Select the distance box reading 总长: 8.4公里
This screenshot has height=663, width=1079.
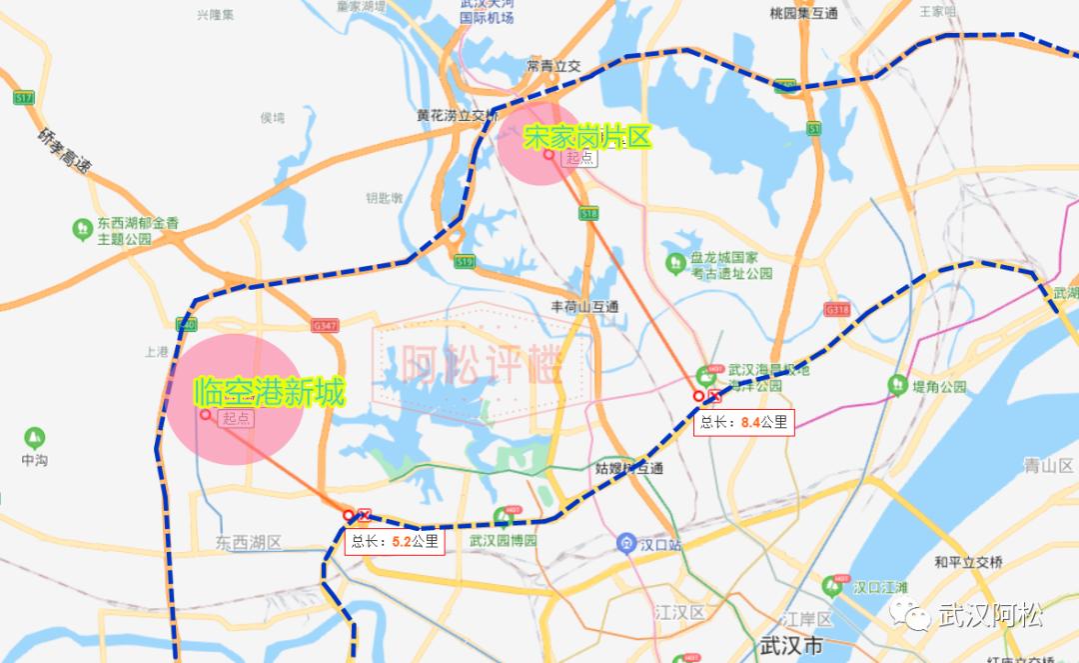(x=744, y=423)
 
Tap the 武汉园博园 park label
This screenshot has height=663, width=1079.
(x=504, y=540)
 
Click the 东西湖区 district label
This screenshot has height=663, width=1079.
(x=249, y=543)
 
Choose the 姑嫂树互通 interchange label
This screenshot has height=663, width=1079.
(x=629, y=468)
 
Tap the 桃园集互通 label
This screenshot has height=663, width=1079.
(x=803, y=14)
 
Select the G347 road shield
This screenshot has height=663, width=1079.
(x=326, y=326)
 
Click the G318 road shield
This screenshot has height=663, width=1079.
(x=837, y=310)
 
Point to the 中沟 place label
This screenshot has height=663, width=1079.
(x=35, y=461)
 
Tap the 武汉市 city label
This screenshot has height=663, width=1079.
(x=791, y=645)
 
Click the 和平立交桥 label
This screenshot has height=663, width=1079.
(x=968, y=562)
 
